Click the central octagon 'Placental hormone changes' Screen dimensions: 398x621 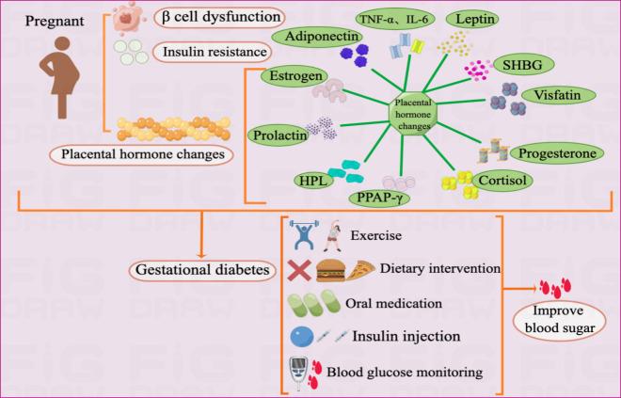416,114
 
